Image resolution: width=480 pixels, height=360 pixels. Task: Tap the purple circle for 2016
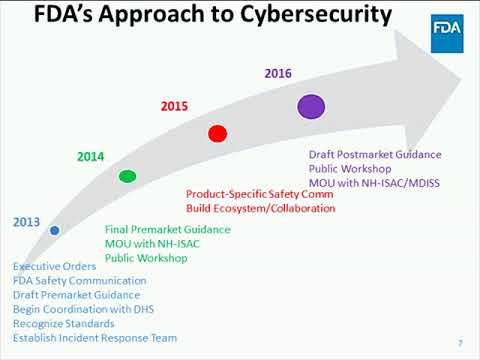click(x=311, y=105)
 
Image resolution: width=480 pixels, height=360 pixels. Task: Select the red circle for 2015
click(x=217, y=133)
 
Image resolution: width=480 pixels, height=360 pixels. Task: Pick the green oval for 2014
click(x=127, y=177)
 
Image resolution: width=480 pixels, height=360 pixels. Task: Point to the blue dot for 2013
click(x=54, y=231)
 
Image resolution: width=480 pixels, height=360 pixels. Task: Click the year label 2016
click(x=278, y=73)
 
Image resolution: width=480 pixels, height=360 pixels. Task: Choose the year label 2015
click(x=175, y=105)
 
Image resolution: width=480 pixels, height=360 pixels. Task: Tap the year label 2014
click(x=91, y=157)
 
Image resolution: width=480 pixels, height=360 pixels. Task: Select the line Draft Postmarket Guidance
click(x=375, y=155)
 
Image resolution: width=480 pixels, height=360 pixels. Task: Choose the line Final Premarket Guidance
click(x=168, y=230)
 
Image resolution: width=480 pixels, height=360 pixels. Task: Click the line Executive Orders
click(x=55, y=267)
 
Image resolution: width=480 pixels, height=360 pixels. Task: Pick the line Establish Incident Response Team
click(x=88, y=338)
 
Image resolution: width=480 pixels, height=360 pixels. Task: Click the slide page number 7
click(x=460, y=343)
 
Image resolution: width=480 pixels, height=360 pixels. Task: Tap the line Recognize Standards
click(x=63, y=324)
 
